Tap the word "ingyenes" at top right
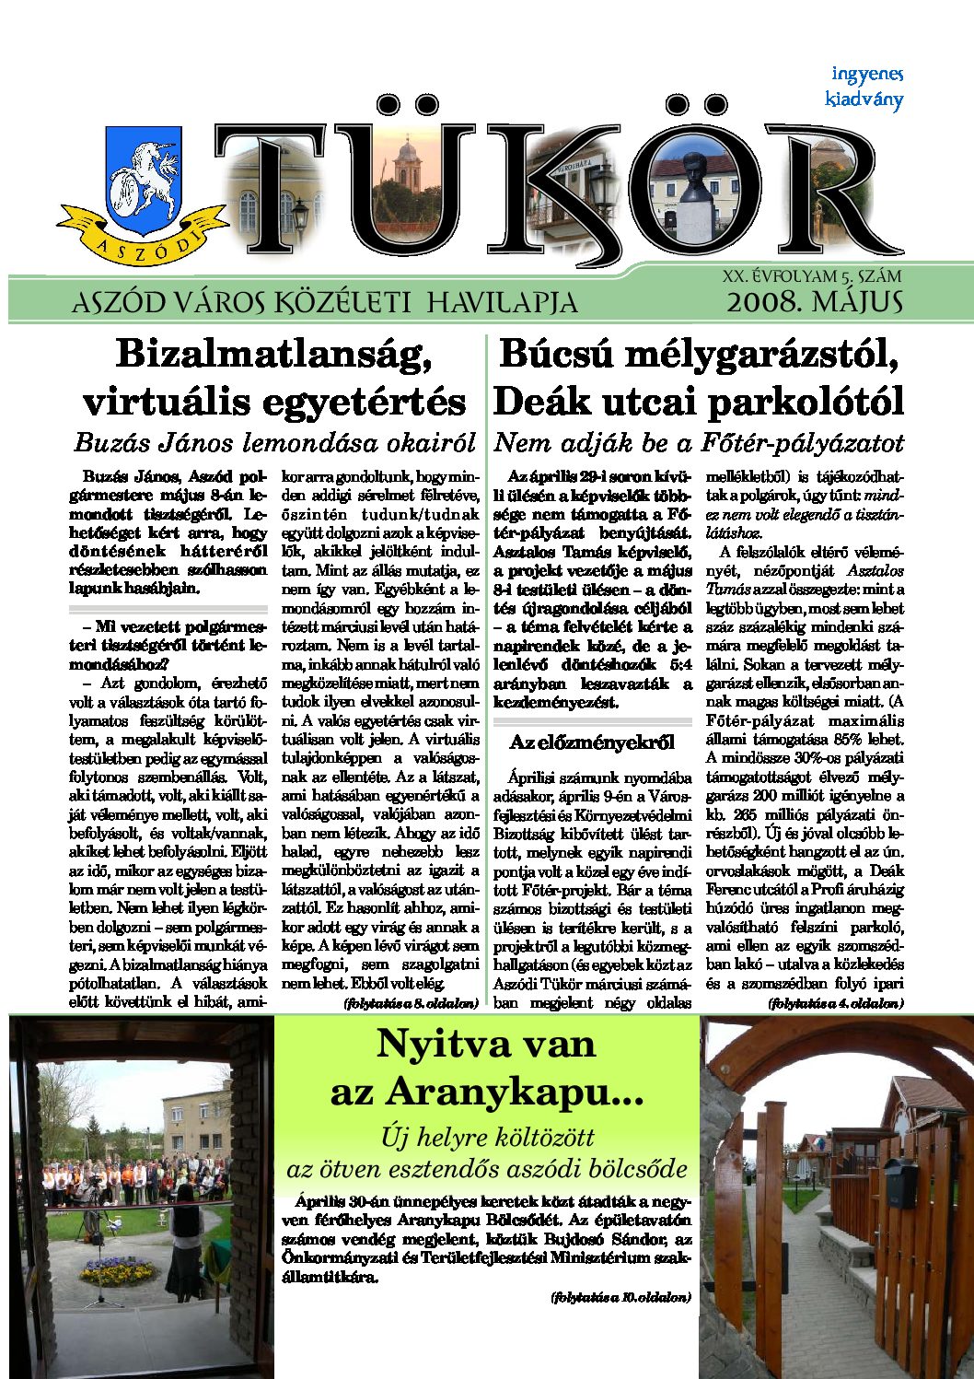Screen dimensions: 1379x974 pos(866,74)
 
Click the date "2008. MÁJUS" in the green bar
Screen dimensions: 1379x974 pos(814,301)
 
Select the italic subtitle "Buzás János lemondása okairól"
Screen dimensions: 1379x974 pos(274,443)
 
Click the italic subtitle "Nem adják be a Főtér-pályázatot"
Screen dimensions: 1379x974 pos(699,443)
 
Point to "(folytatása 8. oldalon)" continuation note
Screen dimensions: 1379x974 pos(411,1002)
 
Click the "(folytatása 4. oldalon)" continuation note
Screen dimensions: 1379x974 pos(835,1002)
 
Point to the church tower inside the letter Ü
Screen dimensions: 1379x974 pos(406,166)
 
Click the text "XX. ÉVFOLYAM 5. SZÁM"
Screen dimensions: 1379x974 pos(812,275)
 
